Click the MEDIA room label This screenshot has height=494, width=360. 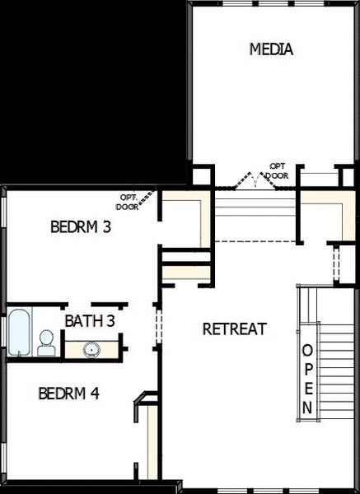coord(271,49)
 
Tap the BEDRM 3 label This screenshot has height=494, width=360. coord(81,226)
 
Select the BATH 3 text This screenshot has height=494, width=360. coord(90,320)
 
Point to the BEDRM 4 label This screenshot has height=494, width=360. coord(69,394)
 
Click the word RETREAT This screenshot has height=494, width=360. coord(235,329)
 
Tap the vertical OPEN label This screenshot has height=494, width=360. coord(307,378)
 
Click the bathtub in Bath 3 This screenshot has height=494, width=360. coord(18,332)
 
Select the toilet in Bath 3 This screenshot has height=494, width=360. coord(47,343)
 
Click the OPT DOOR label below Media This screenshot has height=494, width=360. coord(278,170)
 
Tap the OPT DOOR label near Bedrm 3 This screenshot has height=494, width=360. coord(129,202)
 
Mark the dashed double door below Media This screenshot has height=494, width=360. coord(255,179)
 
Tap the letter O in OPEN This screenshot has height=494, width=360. coord(307,349)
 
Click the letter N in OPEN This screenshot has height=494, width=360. coord(307,407)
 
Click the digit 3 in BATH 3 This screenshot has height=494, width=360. coord(110,320)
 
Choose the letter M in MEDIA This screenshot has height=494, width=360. coord(255,49)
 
